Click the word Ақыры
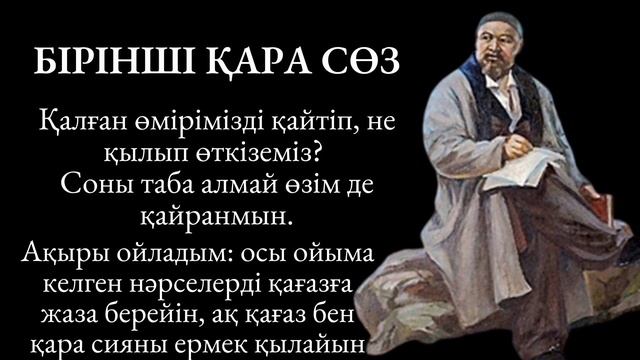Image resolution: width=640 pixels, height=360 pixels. pos(51,253)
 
